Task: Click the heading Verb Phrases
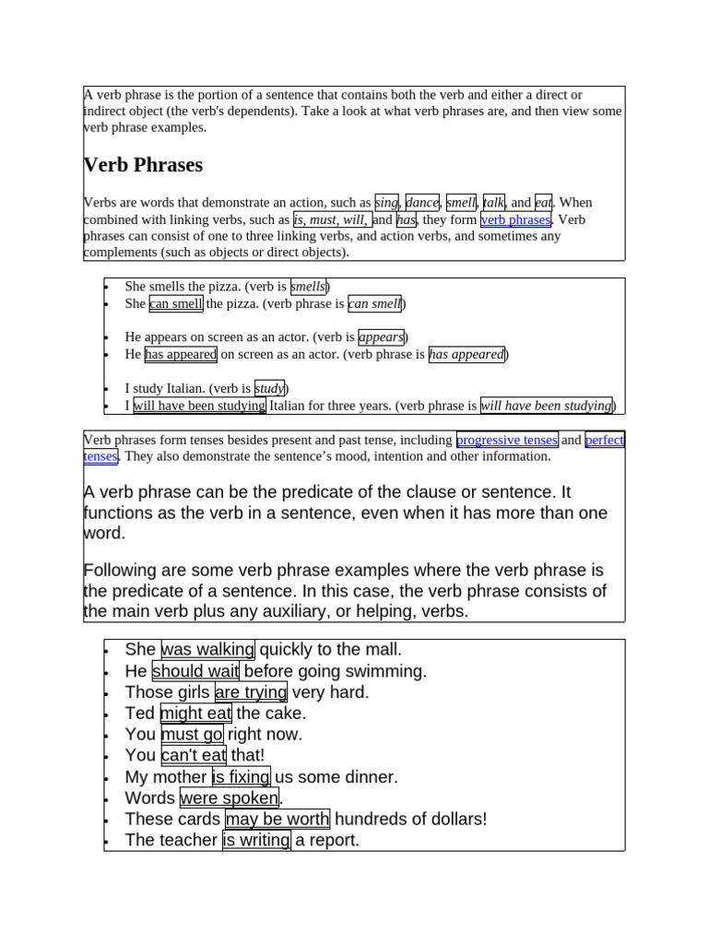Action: click(143, 165)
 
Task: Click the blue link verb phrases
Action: click(516, 219)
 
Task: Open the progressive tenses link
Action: click(507, 440)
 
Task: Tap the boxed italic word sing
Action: click(386, 202)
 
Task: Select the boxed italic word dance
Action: click(422, 202)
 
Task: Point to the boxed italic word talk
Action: click(494, 202)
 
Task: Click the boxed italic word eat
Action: click(543, 202)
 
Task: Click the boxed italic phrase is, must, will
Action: click(331, 219)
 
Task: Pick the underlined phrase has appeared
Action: click(181, 354)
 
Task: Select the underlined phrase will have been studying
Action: click(199, 405)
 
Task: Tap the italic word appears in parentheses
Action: click(381, 336)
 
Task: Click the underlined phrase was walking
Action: click(207, 650)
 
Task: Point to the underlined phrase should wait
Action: click(195, 671)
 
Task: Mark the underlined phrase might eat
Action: click(195, 714)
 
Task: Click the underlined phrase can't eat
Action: click(194, 756)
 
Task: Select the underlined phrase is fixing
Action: click(241, 777)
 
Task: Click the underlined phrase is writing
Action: click(256, 841)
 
